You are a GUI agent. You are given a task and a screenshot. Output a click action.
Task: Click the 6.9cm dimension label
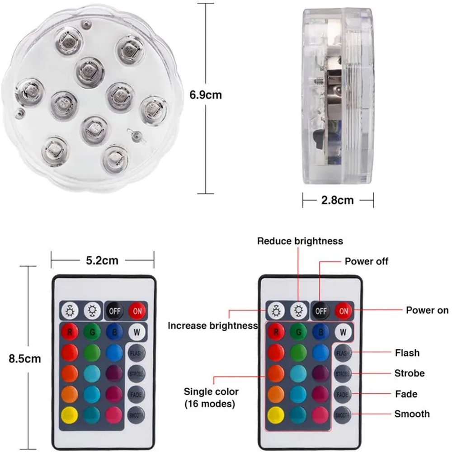tap(206, 95)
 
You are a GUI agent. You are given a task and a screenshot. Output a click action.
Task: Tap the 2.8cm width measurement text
tap(337, 199)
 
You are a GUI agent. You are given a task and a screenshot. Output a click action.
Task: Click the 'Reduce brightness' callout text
tap(300, 241)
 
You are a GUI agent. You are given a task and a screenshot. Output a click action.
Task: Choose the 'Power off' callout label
tap(366, 261)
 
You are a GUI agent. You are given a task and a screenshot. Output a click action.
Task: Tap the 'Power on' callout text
tap(427, 310)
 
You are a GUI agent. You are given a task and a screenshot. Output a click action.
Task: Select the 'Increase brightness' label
tap(212, 325)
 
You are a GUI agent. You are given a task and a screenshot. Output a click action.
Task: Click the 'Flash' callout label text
tap(407, 353)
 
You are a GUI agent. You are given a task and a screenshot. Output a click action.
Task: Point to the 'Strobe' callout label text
tap(410, 373)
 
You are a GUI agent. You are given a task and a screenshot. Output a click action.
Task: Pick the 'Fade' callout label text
tap(406, 394)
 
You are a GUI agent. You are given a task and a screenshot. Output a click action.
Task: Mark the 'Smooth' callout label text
tap(412, 414)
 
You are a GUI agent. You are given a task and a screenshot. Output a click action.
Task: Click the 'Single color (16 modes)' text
tap(211, 397)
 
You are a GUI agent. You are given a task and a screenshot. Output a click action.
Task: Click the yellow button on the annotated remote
tap(275, 415)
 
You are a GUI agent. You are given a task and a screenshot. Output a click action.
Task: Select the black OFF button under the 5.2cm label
tap(114, 311)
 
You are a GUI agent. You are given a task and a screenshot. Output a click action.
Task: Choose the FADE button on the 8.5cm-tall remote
tap(136, 394)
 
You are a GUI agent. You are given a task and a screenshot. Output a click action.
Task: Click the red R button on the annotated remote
tap(275, 332)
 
